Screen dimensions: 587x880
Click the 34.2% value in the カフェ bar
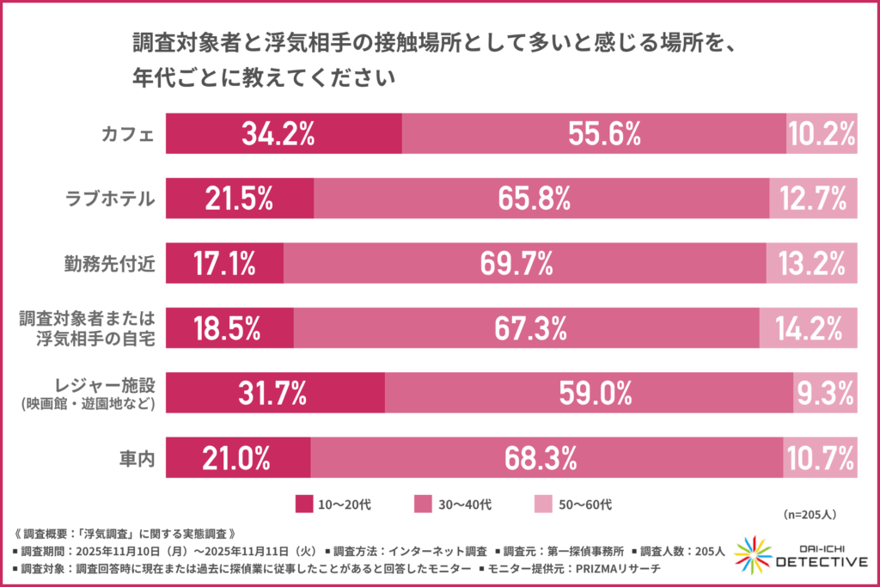[x=278, y=133]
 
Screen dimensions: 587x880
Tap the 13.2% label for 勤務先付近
[x=812, y=264]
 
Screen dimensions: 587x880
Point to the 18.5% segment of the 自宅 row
[x=229, y=328]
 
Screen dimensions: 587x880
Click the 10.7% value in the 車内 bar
[x=821, y=458]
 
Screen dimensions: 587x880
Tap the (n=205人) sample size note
[x=811, y=514]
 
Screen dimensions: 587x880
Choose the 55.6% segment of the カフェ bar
[x=594, y=133]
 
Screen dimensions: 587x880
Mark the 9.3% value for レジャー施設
[x=825, y=394]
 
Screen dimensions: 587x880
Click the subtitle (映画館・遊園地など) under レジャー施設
[x=89, y=404]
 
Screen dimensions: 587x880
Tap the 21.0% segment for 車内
[x=237, y=458]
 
